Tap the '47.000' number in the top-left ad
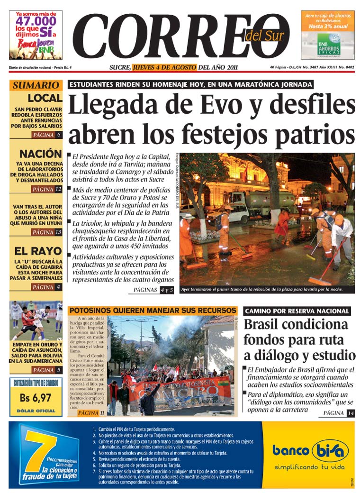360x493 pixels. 36,21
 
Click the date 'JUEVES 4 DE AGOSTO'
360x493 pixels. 164,67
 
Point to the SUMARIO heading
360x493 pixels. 36,85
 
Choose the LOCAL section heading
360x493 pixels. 45,98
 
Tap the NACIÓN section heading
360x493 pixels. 41,154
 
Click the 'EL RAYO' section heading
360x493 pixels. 38,251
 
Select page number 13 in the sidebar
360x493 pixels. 58,232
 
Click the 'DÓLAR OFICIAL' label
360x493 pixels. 36,411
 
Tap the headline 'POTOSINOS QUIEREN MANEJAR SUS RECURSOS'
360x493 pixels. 153,310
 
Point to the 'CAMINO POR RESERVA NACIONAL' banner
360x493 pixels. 297,311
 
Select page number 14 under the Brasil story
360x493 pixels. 350,413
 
